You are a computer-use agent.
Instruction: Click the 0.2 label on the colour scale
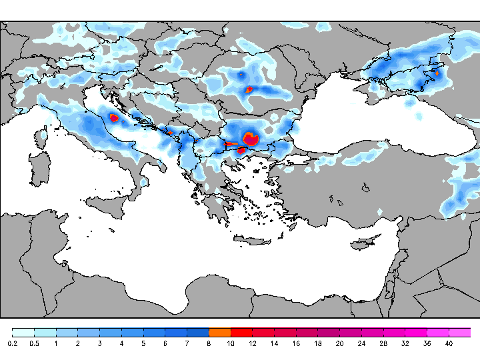pyautogui.click(x=13, y=343)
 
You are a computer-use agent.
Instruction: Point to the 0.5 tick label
pyautogui.click(x=35, y=343)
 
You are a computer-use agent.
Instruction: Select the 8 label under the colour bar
pyautogui.click(x=209, y=343)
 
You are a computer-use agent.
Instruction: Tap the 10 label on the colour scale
pyautogui.click(x=231, y=343)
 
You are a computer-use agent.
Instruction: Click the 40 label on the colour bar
pyautogui.click(x=449, y=343)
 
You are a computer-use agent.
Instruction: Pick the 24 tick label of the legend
pyautogui.click(x=361, y=343)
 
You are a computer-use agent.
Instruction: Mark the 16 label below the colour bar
pyautogui.click(x=296, y=343)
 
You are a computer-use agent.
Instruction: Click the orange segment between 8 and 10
pyautogui.click(x=219, y=332)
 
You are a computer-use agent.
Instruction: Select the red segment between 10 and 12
pyautogui.click(x=241, y=332)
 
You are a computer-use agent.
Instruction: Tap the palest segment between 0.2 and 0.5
pyautogui.click(x=23, y=332)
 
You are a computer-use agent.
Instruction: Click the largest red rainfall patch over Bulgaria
pyautogui.click(x=251, y=139)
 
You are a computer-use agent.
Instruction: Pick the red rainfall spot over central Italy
pyautogui.click(x=113, y=118)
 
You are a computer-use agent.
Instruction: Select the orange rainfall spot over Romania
pyautogui.click(x=249, y=89)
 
